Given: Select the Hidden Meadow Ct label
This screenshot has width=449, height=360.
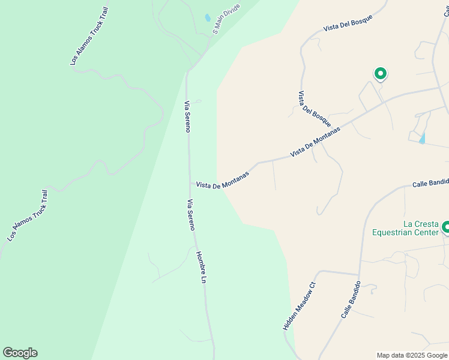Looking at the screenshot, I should pyautogui.click(x=299, y=307).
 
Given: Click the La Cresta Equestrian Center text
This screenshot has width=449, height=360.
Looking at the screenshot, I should pyautogui.click(x=406, y=228).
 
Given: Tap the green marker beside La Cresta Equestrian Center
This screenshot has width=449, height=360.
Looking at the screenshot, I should pyautogui.click(x=445, y=227).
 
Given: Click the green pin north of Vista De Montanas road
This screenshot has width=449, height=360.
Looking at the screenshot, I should pyautogui.click(x=380, y=73).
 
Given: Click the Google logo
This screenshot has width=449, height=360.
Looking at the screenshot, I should pyautogui.click(x=20, y=353).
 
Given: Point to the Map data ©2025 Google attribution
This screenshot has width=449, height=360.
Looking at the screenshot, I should pyautogui.click(x=411, y=355).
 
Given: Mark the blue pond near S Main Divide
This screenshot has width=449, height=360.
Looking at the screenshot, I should pyautogui.click(x=208, y=18).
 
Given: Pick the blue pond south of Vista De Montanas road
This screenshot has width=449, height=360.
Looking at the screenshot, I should pyautogui.click(x=422, y=139).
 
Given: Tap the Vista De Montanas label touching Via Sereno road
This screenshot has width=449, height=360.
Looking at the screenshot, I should pyautogui.click(x=222, y=182).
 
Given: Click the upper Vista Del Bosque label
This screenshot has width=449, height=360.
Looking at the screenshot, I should pyautogui.click(x=348, y=22).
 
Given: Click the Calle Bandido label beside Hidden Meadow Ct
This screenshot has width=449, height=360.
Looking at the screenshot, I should pyautogui.click(x=351, y=299).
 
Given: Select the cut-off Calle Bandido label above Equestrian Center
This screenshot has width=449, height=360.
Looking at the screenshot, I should pyautogui.click(x=430, y=183).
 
